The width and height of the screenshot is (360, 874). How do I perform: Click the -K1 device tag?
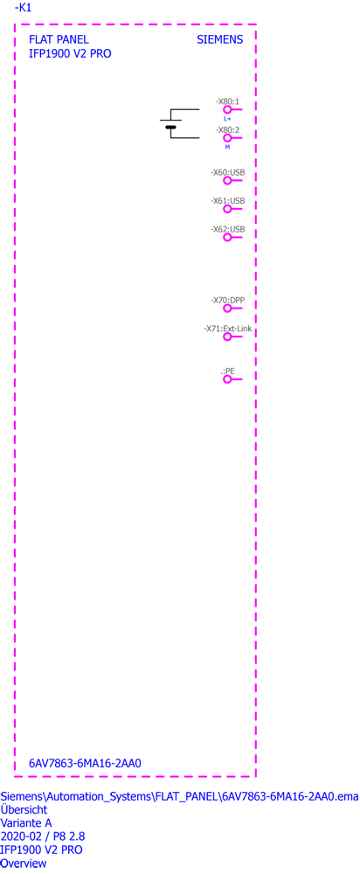tap(23, 7)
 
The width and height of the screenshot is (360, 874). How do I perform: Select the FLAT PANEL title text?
tap(59, 40)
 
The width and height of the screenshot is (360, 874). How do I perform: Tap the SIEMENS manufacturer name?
tap(219, 40)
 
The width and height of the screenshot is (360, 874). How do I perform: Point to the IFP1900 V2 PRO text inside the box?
tap(70, 54)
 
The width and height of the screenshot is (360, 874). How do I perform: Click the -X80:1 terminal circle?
tap(227, 110)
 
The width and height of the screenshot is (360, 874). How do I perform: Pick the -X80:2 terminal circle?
tap(227, 138)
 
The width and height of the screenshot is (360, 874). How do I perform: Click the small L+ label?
tap(227, 119)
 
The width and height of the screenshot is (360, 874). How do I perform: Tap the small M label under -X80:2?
tap(227, 147)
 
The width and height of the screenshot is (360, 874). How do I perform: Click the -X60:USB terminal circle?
tap(227, 181)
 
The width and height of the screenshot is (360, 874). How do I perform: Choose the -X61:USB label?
tap(227, 201)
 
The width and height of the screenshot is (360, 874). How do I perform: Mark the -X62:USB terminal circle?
tap(227, 238)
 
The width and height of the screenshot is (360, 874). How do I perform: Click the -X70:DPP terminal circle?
tap(227, 309)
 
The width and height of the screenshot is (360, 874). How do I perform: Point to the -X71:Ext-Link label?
tap(227, 329)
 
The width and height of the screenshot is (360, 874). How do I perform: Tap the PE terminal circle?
tap(227, 379)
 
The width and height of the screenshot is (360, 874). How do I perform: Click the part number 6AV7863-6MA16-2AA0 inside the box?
tap(85, 763)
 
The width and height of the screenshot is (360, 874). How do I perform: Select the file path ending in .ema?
tap(179, 795)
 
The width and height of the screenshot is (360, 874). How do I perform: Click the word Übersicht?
tap(24, 809)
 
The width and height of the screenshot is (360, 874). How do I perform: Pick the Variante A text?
tap(27, 822)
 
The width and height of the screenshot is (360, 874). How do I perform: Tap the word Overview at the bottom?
tap(24, 864)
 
